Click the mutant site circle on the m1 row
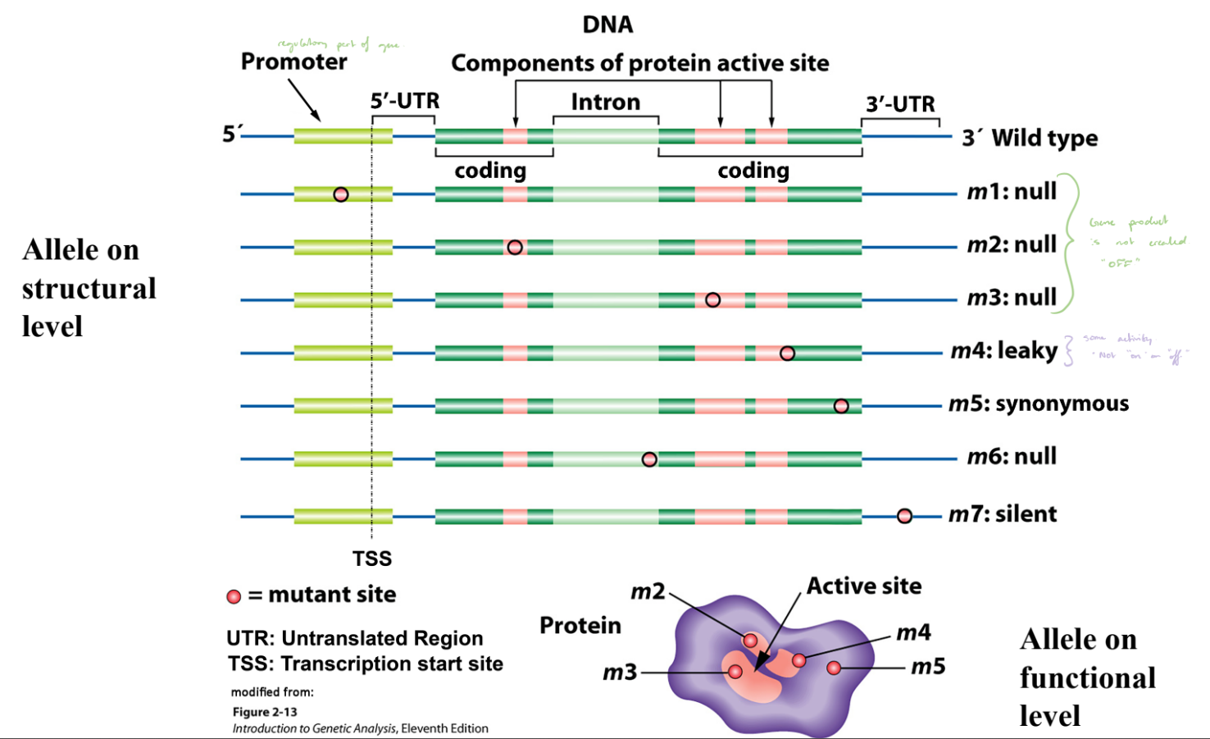341,194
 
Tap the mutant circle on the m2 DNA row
515,247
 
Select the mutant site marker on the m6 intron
649,459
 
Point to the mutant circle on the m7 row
904,516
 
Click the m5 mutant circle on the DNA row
841,406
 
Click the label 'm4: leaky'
1003,351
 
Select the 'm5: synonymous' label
1039,404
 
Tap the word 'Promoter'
293,62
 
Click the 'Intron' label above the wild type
605,103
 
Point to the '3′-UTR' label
900,104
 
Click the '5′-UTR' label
404,101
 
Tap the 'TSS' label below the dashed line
372,559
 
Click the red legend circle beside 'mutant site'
234,596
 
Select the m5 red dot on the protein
834,668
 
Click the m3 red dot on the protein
735,672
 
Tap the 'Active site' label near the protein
863,586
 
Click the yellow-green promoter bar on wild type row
343,136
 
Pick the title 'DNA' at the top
607,25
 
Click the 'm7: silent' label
1003,514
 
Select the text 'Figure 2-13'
265,712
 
